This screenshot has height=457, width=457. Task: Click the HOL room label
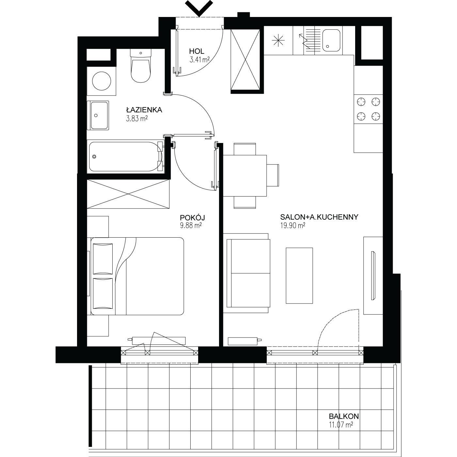(x=197, y=51)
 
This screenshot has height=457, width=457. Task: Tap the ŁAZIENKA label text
(x=144, y=110)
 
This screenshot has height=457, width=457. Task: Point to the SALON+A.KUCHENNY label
(x=319, y=217)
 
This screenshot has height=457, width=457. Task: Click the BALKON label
(x=344, y=416)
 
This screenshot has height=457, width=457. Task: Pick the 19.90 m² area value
(x=293, y=226)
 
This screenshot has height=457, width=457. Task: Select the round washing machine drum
(x=102, y=81)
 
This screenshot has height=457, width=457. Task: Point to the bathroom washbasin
(x=98, y=116)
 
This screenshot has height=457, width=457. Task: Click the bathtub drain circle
(x=94, y=157)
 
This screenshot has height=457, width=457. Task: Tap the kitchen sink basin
(x=331, y=40)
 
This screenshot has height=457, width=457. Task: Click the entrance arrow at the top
(x=199, y=8)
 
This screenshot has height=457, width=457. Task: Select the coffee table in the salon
(x=299, y=276)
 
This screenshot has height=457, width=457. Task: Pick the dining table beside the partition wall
(x=245, y=176)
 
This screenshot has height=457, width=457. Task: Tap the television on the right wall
(x=373, y=275)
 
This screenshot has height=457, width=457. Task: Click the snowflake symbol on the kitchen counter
(x=278, y=40)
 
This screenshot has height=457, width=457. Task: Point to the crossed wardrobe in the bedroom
(x=128, y=194)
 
